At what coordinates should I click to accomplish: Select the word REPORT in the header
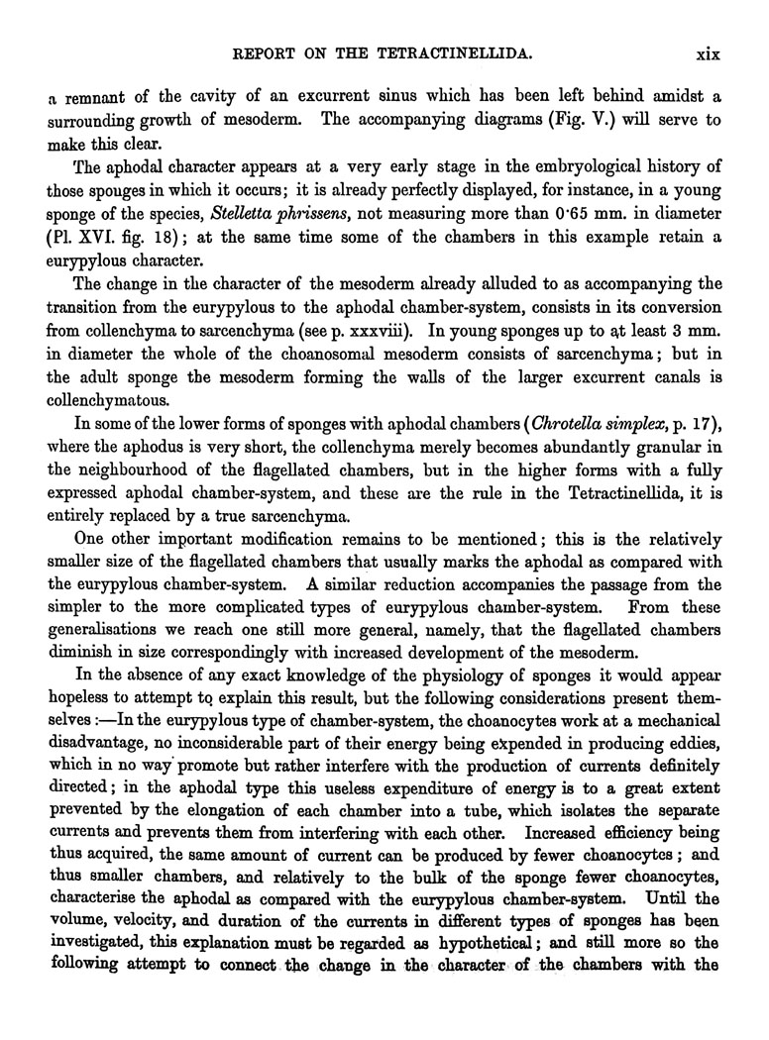(x=260, y=53)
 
